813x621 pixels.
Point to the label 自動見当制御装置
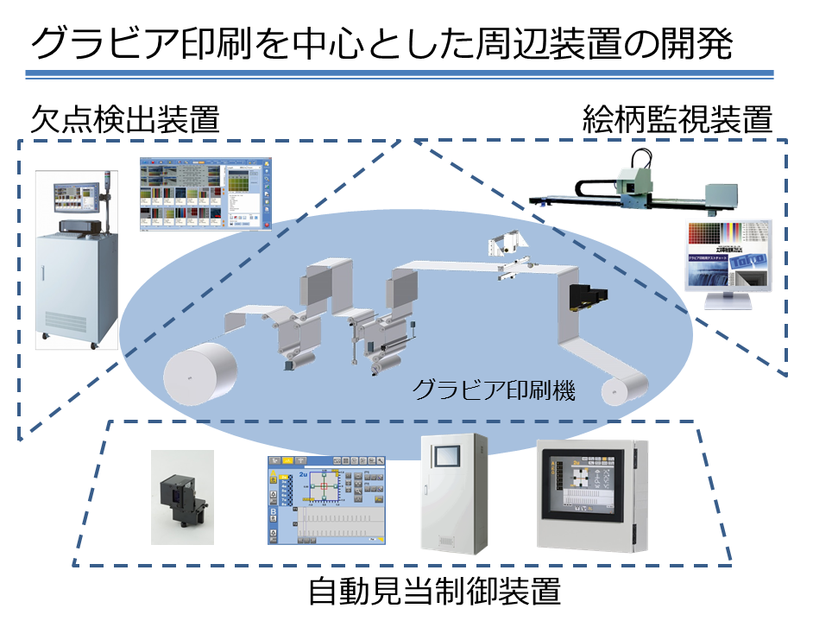click(x=435, y=593)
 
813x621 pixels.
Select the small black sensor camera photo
click(x=182, y=497)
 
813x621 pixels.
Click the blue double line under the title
click(x=406, y=74)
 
